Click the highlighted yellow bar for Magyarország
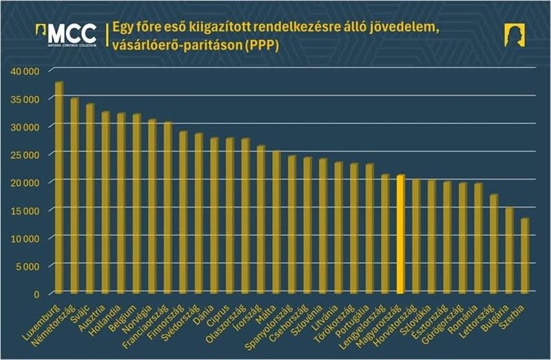click(x=400, y=235)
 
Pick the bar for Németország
click(x=74, y=196)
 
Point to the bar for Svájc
click(x=90, y=199)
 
